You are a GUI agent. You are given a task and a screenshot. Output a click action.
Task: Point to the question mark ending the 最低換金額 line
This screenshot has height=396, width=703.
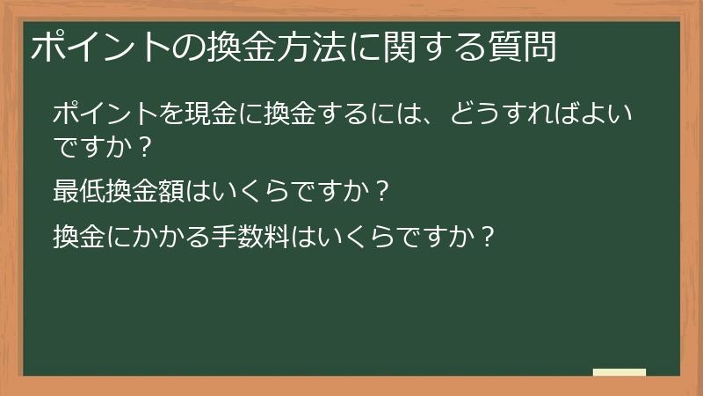380,190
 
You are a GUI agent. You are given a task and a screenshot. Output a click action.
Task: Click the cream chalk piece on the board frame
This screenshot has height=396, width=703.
620,372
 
